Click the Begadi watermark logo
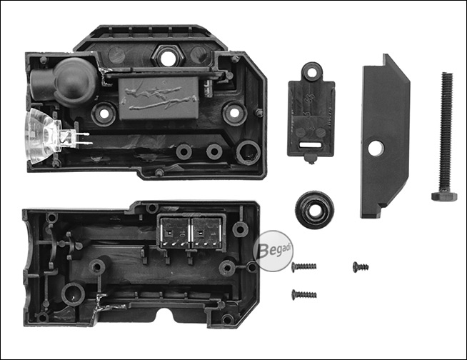(273, 251)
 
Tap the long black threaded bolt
(445, 136)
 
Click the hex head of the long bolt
(444, 196)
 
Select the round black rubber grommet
(314, 210)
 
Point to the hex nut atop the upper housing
(166, 56)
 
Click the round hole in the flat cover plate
(376, 148)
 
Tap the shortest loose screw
(361, 266)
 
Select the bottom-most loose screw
(304, 294)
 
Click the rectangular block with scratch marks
(159, 98)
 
